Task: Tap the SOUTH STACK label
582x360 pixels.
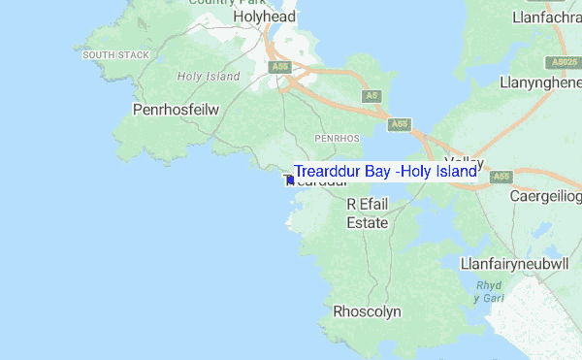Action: [x=115, y=55]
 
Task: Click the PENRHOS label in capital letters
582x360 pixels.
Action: [x=337, y=139]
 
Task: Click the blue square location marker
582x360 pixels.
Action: [x=290, y=180]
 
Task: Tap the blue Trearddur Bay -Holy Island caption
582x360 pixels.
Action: [x=385, y=172]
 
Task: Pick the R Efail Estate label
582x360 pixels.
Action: [x=368, y=213]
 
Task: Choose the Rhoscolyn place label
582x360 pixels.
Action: [x=367, y=312]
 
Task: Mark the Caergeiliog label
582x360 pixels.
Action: [x=544, y=196]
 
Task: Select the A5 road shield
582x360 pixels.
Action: [x=372, y=96]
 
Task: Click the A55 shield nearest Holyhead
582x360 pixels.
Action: [x=280, y=67]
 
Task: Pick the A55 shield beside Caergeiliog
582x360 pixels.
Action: [x=501, y=177]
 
